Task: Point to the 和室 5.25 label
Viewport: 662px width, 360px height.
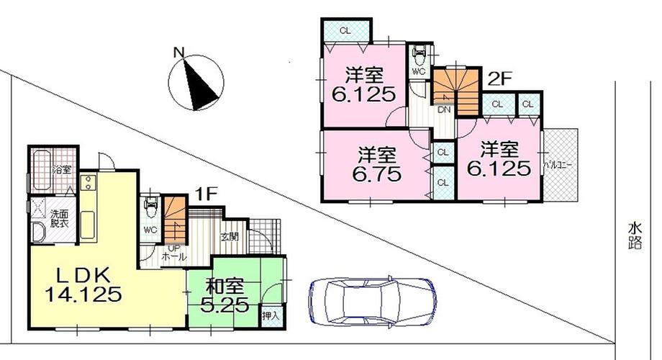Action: (x=225, y=295)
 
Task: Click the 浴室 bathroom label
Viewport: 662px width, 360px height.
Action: (x=61, y=171)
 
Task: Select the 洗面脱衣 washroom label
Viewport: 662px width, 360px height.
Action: (x=59, y=219)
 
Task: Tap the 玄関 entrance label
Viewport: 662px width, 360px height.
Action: (x=229, y=236)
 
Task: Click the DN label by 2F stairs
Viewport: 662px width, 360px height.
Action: (x=445, y=110)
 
